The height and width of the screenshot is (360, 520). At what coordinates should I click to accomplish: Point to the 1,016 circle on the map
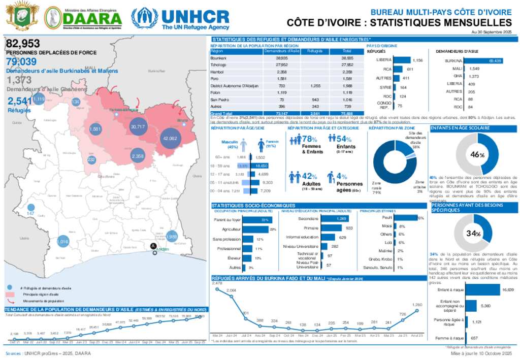pyautogui.click(x=63, y=242)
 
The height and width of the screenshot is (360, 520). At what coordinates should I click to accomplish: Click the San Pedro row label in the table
pyautogui.click(x=219, y=100)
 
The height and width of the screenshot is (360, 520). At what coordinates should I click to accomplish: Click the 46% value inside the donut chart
pyautogui.click(x=475, y=154)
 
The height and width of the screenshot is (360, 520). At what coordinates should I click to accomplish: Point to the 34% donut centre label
pyautogui.click(x=473, y=234)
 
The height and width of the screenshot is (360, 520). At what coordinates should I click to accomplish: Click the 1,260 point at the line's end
pyautogui.click(x=418, y=309)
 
